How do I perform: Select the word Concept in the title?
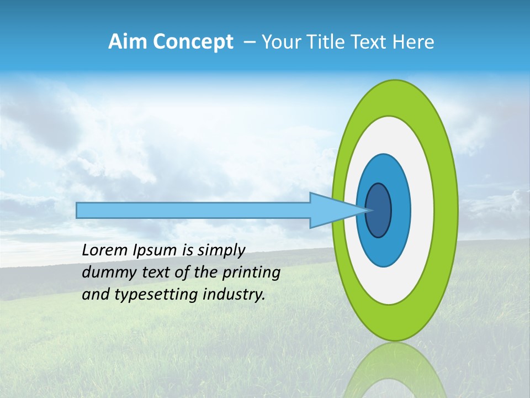pyautogui.click(x=192, y=42)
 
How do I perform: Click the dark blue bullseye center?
pyautogui.click(x=379, y=211)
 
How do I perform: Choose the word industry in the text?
pyautogui.click(x=234, y=295)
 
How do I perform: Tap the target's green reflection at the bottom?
pyautogui.click(x=395, y=370)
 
